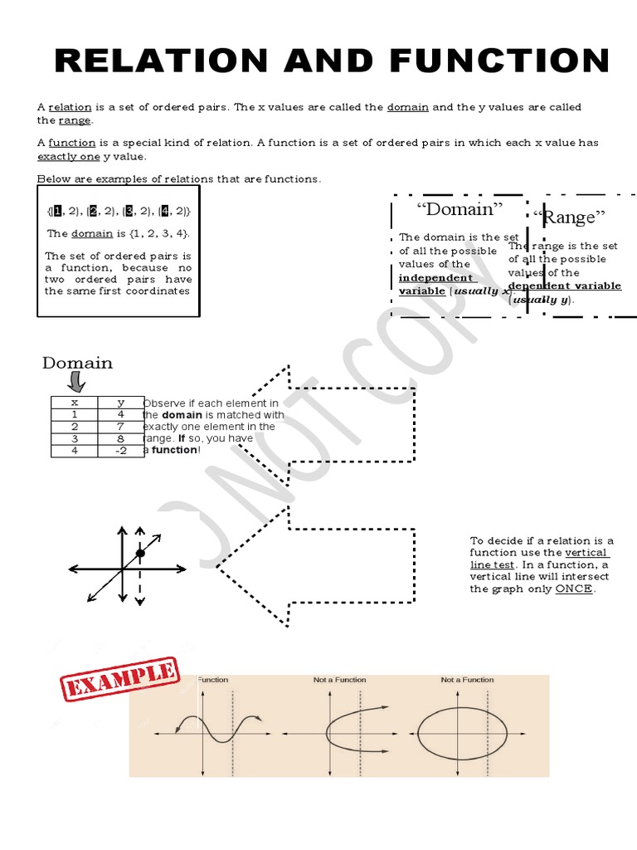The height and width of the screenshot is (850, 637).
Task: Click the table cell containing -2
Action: tap(120, 451)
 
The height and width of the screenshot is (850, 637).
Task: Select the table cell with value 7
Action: tap(120, 427)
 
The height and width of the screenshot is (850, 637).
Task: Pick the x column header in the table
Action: tap(74, 403)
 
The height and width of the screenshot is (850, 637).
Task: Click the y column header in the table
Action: tap(120, 403)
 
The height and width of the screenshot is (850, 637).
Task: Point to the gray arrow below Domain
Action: tap(76, 383)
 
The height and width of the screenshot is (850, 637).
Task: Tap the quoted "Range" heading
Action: tap(570, 217)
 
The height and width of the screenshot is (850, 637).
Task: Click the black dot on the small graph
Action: tap(140, 553)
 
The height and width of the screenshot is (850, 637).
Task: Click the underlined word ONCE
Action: tap(575, 589)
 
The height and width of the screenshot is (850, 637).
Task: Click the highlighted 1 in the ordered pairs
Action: tap(57, 211)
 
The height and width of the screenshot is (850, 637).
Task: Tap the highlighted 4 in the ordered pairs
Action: tap(166, 211)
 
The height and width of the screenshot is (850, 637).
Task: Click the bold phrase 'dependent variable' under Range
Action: tap(564, 286)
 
